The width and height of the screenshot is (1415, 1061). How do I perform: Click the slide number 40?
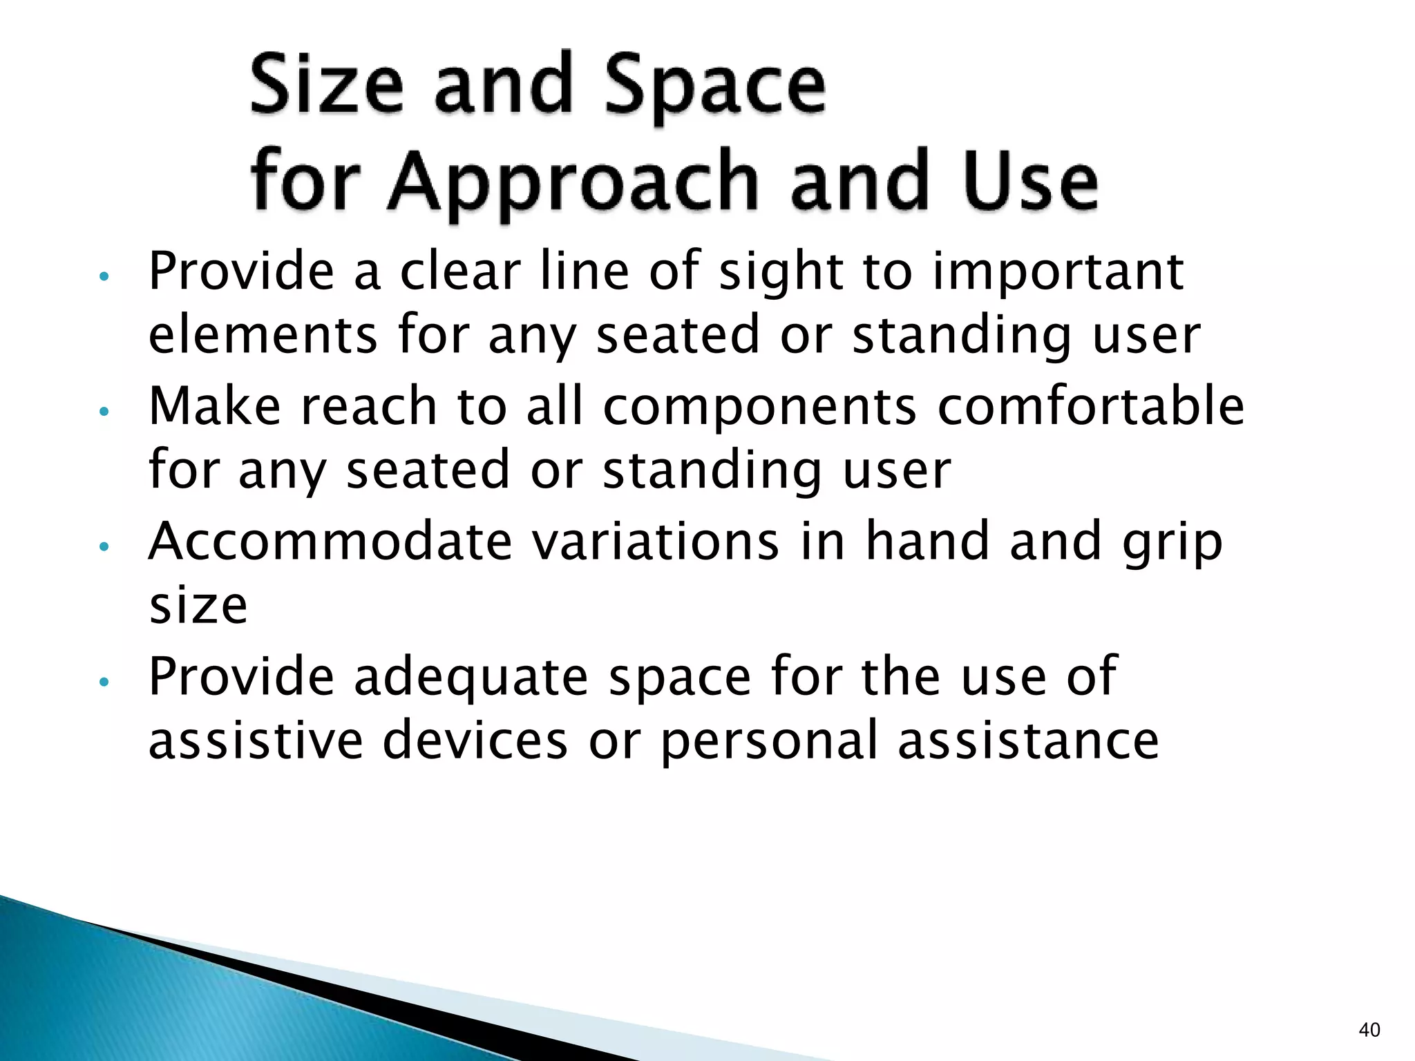[x=1369, y=1031]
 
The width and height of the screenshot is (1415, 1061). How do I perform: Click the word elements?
[x=263, y=336]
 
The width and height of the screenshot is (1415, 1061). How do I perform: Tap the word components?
[x=759, y=406]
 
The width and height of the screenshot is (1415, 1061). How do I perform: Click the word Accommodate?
[x=330, y=541]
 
